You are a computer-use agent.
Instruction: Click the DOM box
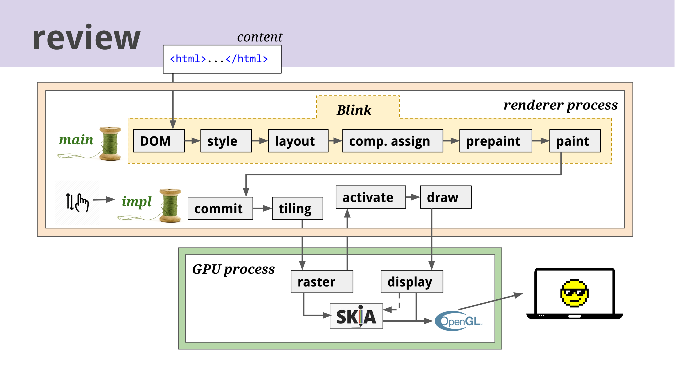click(159, 141)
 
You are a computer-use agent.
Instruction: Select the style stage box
click(226, 141)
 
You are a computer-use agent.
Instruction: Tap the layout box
click(298, 141)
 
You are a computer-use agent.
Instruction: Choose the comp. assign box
click(393, 141)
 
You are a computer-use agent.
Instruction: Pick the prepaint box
click(495, 141)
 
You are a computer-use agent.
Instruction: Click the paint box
click(575, 141)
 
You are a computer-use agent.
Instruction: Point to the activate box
click(371, 197)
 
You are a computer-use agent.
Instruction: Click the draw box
click(445, 197)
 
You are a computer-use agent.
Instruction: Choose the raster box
click(322, 282)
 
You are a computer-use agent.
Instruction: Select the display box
click(412, 282)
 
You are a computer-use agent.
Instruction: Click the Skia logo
click(356, 316)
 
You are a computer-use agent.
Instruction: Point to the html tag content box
click(222, 59)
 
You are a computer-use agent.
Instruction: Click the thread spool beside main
click(110, 143)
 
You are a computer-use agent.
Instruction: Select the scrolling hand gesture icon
click(77, 203)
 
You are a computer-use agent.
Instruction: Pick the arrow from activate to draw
click(413, 197)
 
